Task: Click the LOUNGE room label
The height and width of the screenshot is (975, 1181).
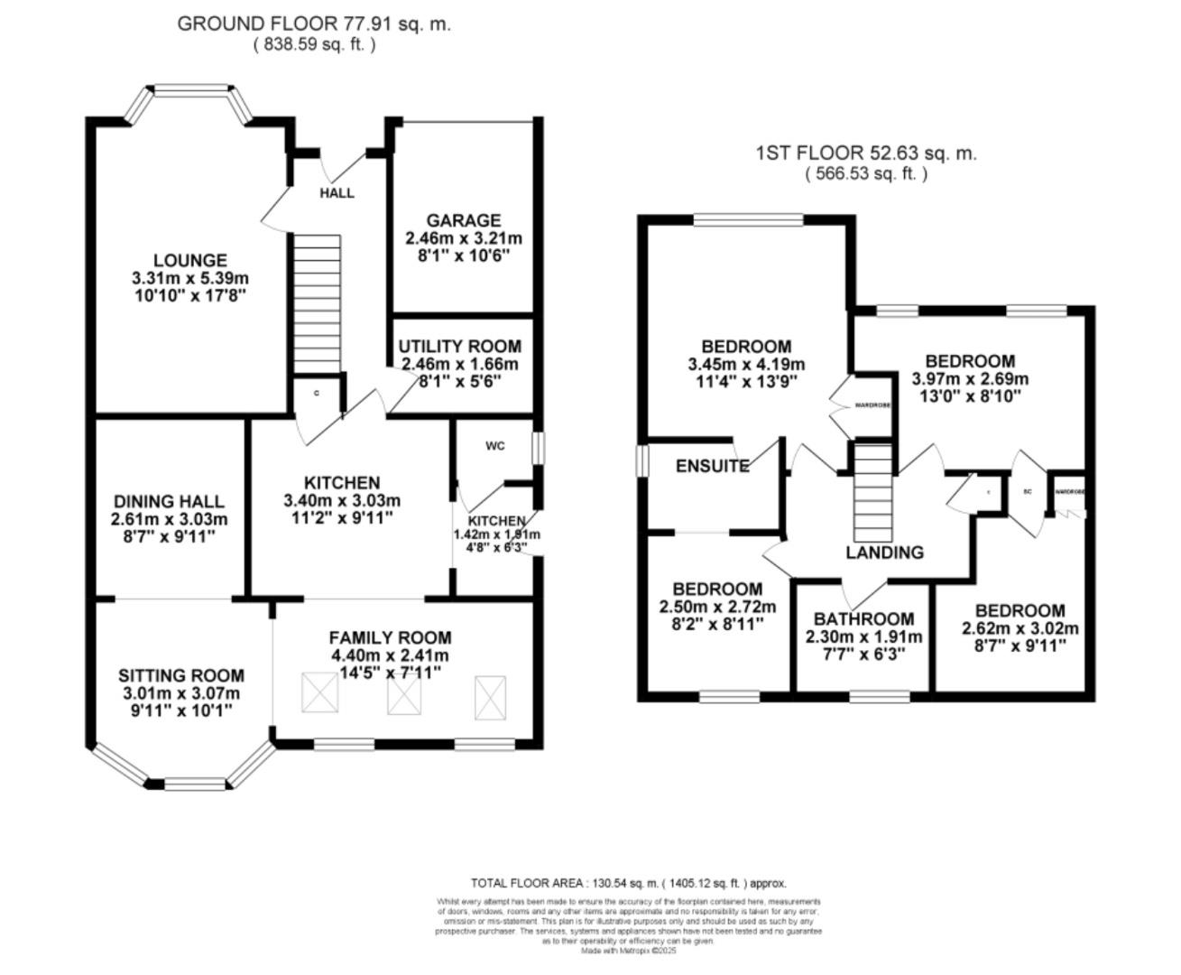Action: pyautogui.click(x=189, y=261)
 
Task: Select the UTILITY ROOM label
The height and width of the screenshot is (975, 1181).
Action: pyautogui.click(x=459, y=347)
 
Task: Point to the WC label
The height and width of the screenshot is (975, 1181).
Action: pyautogui.click(x=495, y=446)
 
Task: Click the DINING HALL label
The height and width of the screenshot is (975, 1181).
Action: pyautogui.click(x=169, y=502)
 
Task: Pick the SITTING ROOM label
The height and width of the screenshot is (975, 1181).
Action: pyautogui.click(x=181, y=675)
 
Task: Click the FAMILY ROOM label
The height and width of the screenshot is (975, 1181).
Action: pyautogui.click(x=390, y=637)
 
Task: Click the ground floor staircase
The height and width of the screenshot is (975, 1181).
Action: pyautogui.click(x=318, y=302)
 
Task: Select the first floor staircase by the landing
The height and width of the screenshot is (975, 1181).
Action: pyautogui.click(x=872, y=492)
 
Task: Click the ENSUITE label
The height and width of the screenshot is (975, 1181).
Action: pyautogui.click(x=712, y=467)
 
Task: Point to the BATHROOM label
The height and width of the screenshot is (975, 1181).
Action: pyautogui.click(x=863, y=619)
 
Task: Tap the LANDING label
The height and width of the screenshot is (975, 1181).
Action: pyautogui.click(x=884, y=552)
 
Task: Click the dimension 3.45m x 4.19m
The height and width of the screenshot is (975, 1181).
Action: pyautogui.click(x=746, y=365)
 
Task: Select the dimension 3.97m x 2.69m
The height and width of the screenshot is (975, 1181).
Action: pyautogui.click(x=970, y=379)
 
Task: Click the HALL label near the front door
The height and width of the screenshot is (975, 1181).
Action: pyautogui.click(x=337, y=193)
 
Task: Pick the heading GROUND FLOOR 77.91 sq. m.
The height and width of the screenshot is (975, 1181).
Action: pyautogui.click(x=314, y=24)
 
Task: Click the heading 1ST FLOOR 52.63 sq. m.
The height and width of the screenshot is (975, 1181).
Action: pyautogui.click(x=866, y=153)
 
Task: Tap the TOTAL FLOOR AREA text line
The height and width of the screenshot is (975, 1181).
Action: pyautogui.click(x=628, y=884)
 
